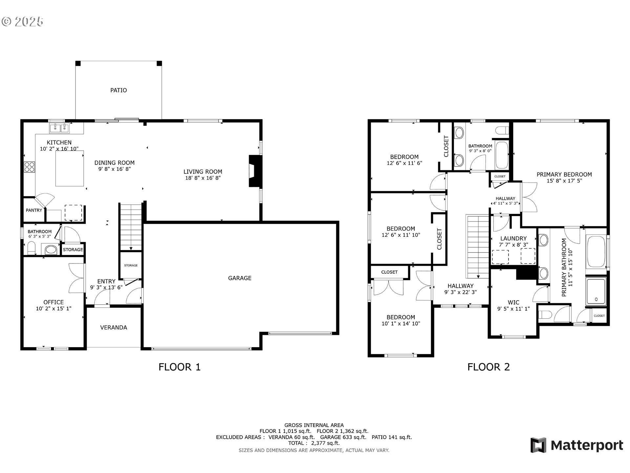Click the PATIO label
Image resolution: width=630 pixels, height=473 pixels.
[x=118, y=90]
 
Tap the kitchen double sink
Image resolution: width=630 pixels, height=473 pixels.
[x=60, y=128]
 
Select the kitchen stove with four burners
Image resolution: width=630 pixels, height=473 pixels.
[x=30, y=167]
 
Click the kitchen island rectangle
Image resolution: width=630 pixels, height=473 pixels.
[x=70, y=169]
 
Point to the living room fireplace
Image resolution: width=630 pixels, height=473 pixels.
[x=255, y=171]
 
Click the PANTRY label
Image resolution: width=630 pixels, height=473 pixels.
[x=34, y=210]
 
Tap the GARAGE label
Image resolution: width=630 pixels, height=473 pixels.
[x=240, y=278]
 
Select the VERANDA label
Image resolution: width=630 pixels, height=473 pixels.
[x=114, y=327]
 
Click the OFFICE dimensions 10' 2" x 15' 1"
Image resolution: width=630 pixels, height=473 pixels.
[x=54, y=309]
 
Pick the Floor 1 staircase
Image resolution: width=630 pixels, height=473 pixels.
[x=131, y=227]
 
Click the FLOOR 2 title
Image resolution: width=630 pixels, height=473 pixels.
[x=488, y=367]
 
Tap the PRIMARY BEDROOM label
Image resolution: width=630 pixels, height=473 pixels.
[x=564, y=175]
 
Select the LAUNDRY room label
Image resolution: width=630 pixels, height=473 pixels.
[x=513, y=238]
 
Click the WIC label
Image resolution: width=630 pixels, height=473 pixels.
[x=513, y=303]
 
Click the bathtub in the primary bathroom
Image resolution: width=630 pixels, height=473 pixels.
[x=596, y=252]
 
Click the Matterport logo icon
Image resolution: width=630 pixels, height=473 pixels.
[x=538, y=445]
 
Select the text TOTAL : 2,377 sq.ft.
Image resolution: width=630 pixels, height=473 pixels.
[x=314, y=443]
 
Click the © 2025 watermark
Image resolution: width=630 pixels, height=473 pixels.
[x=22, y=22]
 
